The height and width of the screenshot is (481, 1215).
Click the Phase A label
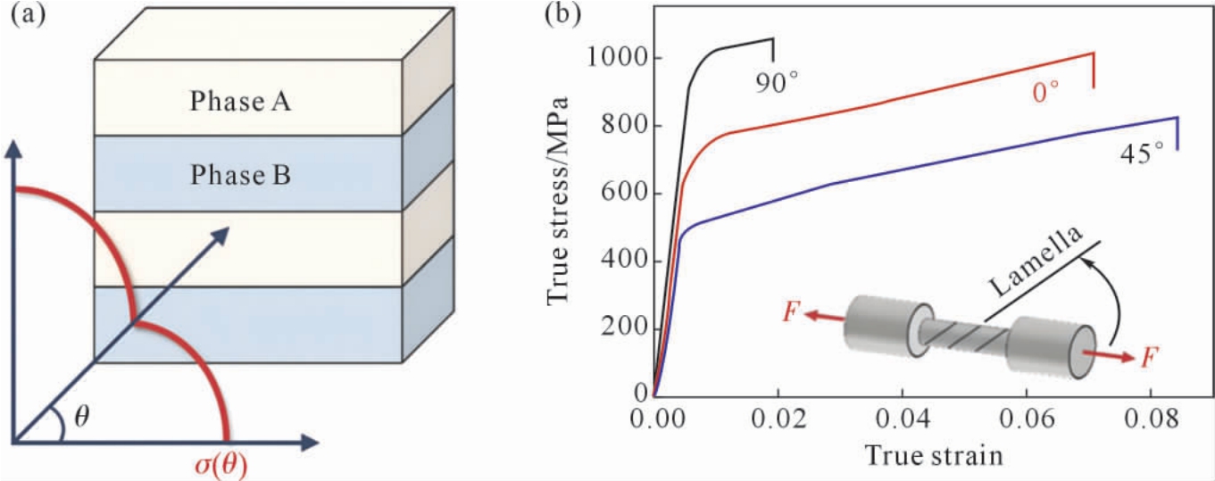[240, 102]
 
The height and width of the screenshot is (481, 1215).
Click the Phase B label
[240, 175]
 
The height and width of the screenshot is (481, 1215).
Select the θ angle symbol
[81, 418]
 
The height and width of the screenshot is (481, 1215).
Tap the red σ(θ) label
[221, 465]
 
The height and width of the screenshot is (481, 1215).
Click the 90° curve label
[778, 83]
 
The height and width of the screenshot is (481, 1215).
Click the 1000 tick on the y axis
[618, 57]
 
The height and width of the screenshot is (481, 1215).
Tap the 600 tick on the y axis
[625, 194]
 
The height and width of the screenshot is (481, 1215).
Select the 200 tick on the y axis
[625, 328]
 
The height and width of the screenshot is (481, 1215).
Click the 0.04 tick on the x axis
[902, 419]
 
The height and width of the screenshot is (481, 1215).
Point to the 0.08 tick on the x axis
[1151, 419]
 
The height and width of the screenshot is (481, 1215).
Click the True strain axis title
[934, 455]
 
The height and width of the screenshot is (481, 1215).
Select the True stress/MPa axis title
[558, 201]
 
